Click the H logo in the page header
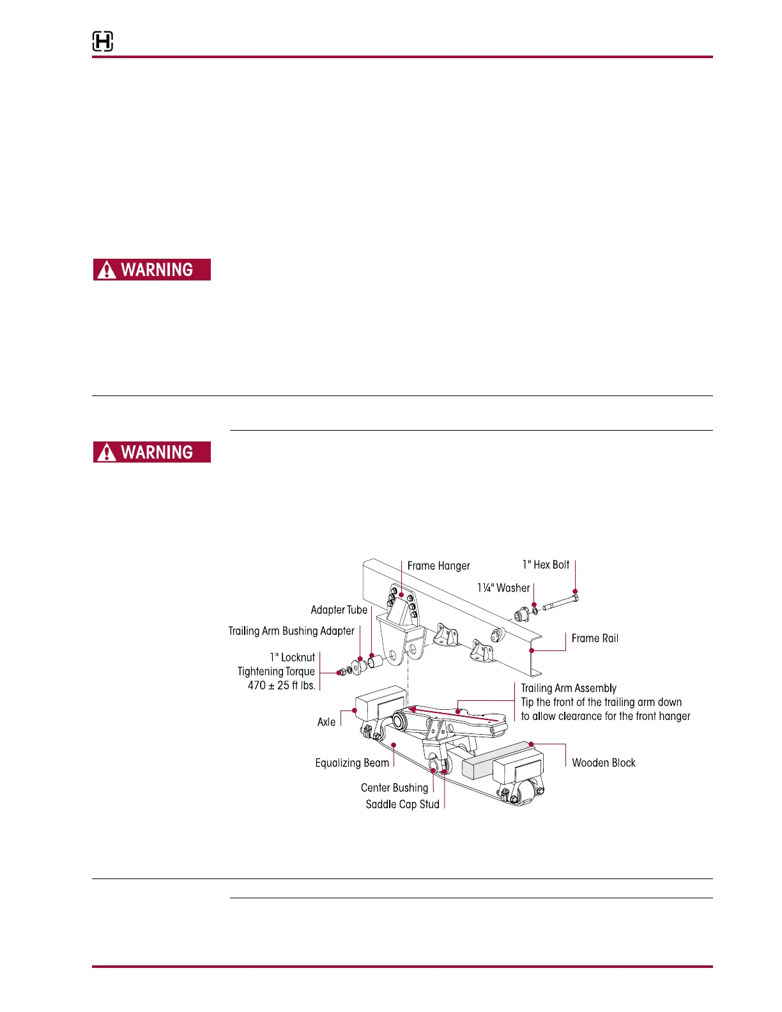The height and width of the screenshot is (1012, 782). (103, 42)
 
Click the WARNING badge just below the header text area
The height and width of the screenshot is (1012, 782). (152, 270)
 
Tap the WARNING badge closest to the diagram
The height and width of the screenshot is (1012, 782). (152, 452)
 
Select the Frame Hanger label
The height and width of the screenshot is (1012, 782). (438, 566)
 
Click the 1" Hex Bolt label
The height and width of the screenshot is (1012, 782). (546, 565)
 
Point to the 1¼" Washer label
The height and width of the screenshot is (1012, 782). (503, 588)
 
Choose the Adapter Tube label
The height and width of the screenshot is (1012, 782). (339, 610)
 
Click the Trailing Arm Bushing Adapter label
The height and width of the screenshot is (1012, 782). (291, 631)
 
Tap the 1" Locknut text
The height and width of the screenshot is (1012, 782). (292, 657)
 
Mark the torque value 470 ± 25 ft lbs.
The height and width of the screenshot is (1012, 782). (282, 686)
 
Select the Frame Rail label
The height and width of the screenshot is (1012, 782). (595, 638)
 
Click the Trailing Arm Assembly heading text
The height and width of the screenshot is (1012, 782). (569, 688)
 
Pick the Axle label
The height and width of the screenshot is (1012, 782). (326, 722)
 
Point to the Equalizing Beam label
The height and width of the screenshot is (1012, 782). (352, 763)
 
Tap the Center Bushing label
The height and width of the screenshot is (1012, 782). (394, 788)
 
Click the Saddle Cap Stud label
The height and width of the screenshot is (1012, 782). (402, 804)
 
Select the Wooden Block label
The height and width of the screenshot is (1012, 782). (604, 763)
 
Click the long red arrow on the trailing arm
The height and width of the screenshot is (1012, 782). (454, 714)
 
